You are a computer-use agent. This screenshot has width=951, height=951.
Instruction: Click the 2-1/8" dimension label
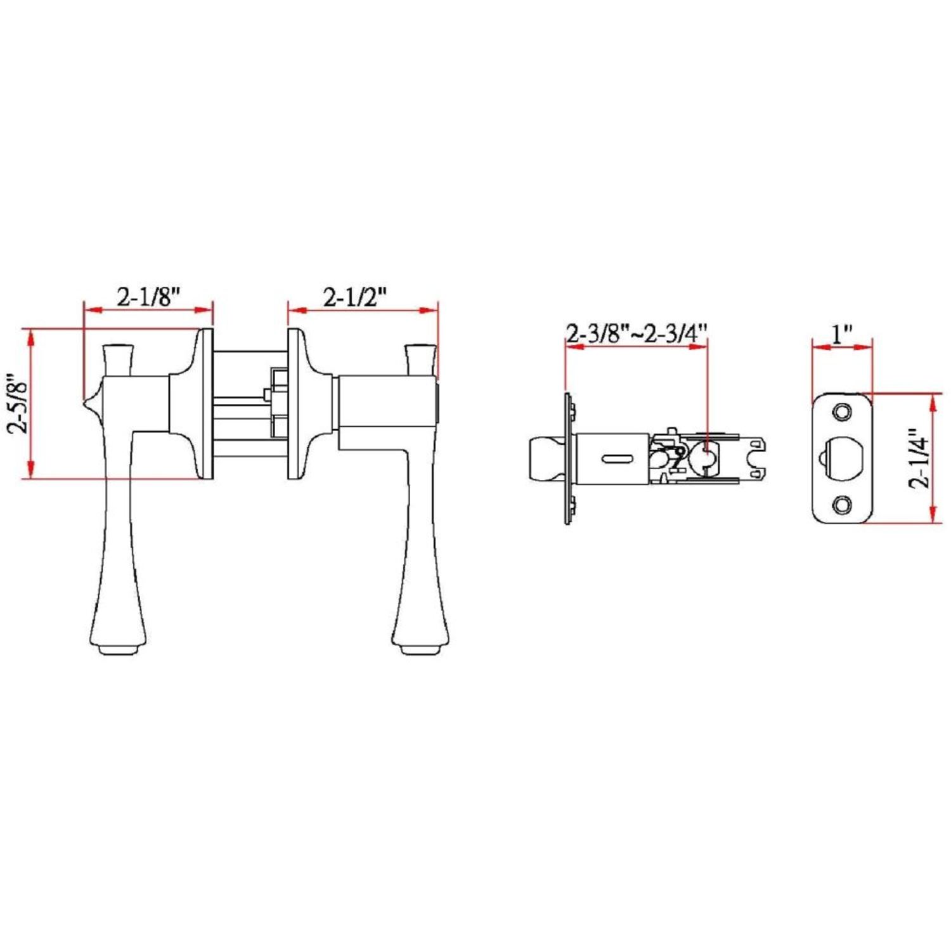[148, 296]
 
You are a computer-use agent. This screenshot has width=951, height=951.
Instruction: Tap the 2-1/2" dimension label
[355, 296]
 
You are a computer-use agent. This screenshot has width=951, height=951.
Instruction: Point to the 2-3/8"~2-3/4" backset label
[637, 333]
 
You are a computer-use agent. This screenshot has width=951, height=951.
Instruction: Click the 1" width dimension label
[842, 333]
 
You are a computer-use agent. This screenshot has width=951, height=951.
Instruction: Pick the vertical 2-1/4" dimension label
[921, 458]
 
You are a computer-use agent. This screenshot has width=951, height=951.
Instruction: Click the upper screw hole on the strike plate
[842, 412]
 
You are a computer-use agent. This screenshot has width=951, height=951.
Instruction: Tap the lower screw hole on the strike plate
[842, 505]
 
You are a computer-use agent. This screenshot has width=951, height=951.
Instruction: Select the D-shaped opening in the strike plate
[843, 458]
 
